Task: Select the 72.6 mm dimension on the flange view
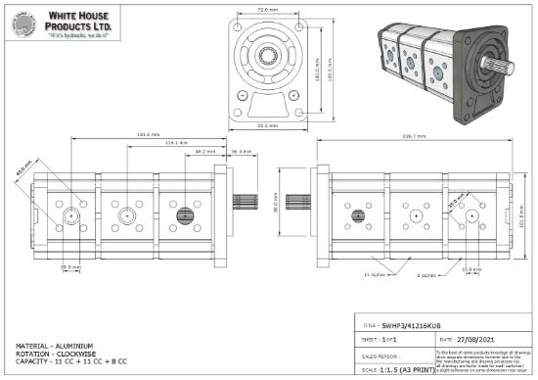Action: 266,10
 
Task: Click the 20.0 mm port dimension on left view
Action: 70,266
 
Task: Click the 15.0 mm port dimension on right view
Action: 471,268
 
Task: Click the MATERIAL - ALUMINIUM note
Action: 55,345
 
